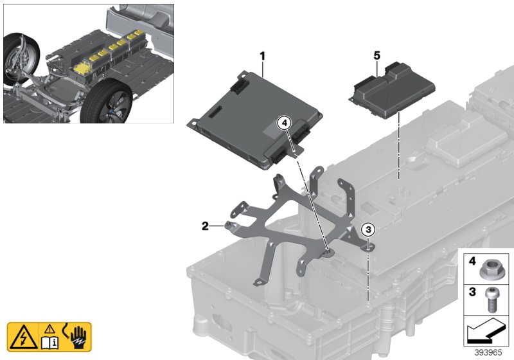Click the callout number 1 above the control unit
click(262, 57)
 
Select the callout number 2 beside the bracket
click(205, 226)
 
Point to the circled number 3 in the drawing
click(368, 229)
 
